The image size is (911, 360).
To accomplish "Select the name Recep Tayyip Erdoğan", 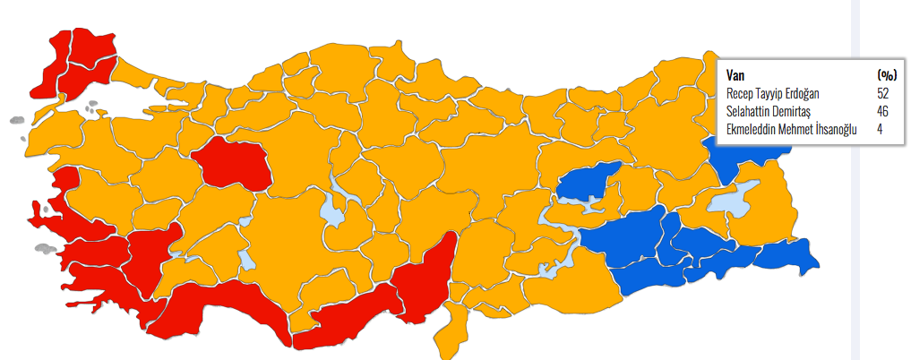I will tap(773, 93).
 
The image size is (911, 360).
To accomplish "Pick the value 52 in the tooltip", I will tap(883, 93).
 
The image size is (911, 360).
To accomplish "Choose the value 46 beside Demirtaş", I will tap(883, 111).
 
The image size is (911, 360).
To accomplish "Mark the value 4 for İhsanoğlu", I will tap(880, 129).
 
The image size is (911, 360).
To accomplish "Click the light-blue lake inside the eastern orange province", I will tap(735, 201).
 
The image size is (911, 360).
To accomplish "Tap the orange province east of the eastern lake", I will tap(776, 210).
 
